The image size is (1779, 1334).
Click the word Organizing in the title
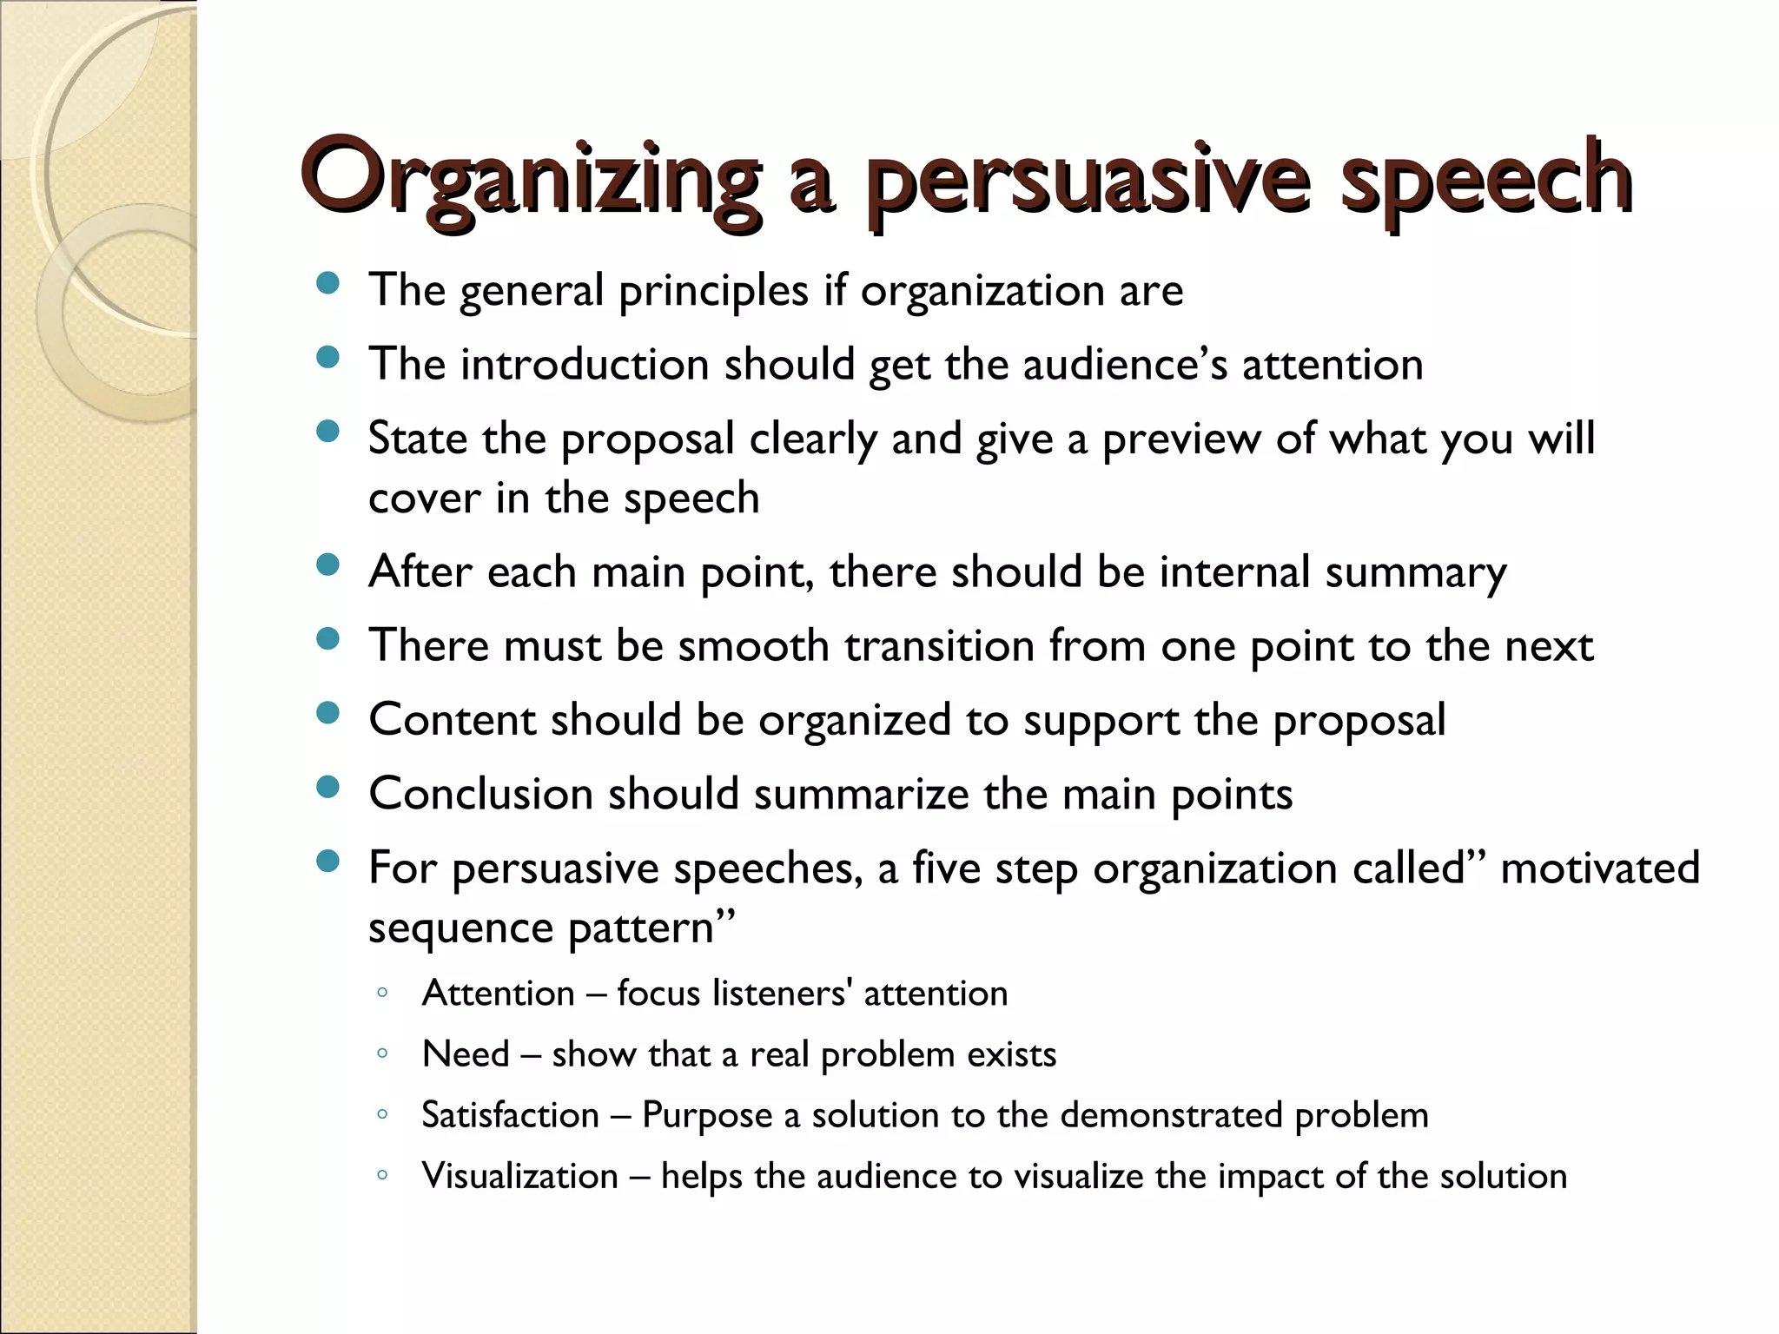[x=530, y=178]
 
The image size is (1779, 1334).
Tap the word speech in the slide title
[x=1485, y=178]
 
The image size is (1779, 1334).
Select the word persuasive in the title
[x=1086, y=178]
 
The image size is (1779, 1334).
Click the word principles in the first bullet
[x=713, y=290]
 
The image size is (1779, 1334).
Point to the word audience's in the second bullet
[x=1125, y=364]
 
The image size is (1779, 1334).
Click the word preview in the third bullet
[x=1181, y=439]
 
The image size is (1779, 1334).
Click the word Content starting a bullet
[x=452, y=720]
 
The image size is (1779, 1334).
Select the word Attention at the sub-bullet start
[x=498, y=994]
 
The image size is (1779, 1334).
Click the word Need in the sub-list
[x=466, y=1054]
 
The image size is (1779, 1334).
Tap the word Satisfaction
[x=510, y=1115]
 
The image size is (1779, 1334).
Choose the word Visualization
[x=519, y=1176]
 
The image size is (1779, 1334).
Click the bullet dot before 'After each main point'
[x=327, y=566]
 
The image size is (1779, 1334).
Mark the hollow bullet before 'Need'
[x=382, y=1054]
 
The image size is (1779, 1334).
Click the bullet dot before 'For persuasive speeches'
[x=327, y=862]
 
